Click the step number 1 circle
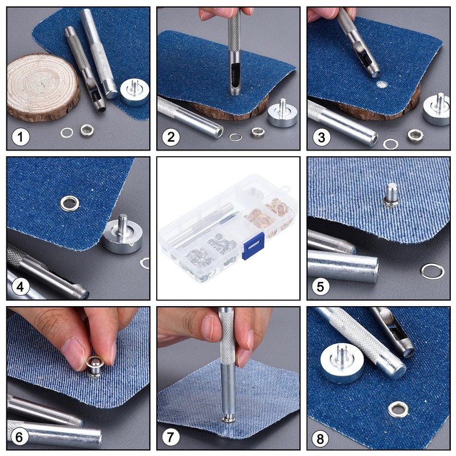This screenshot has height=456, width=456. [21, 137]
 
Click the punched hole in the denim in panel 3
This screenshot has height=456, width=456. [381, 85]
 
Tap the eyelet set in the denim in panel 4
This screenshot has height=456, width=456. [70, 202]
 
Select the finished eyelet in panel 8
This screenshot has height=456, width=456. [398, 409]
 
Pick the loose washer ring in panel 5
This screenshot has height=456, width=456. [432, 271]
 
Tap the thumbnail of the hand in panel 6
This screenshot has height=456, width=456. [75, 353]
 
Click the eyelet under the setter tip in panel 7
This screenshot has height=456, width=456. [229, 419]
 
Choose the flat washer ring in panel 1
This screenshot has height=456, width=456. [67, 133]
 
